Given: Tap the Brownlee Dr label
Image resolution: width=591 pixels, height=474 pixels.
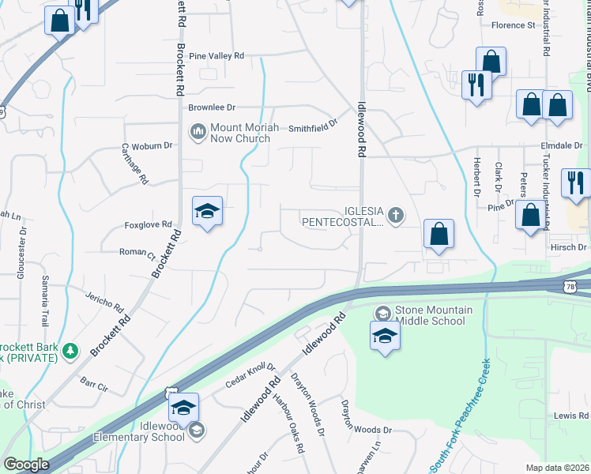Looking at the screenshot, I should (211, 107).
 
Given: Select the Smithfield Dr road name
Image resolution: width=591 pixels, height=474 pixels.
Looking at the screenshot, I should (313, 127).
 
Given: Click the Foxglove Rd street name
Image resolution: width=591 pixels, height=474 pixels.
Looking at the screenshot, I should (148, 225).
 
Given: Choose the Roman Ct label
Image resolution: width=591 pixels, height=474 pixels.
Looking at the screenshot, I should (136, 255).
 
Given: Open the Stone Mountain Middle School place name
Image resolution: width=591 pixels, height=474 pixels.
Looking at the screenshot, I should (433, 315).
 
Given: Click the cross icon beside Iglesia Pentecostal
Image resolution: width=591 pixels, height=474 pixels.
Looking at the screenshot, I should (395, 213).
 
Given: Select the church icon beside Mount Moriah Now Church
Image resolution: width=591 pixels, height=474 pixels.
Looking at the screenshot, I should (198, 131).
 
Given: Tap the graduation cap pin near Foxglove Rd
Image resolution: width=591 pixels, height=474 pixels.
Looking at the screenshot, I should (207, 211).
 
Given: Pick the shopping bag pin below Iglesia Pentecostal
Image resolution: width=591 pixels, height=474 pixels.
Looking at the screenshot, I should (439, 234).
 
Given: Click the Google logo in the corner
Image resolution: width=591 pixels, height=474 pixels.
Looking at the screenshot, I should (27, 465).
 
